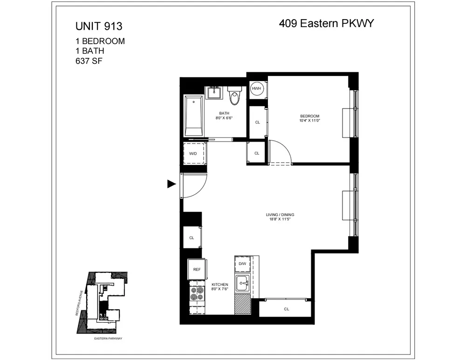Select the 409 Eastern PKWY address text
click(326, 23)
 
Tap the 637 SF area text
click(89, 61)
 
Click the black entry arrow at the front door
click(171, 184)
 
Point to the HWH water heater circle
click(257, 88)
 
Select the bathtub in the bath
click(193, 115)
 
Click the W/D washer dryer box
click(193, 153)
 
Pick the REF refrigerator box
click(197, 269)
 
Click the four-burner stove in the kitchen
click(197, 294)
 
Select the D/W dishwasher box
click(242, 264)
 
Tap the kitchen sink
click(242, 282)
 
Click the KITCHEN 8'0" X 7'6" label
click(220, 286)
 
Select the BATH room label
click(224, 115)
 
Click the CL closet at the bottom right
click(286, 309)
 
